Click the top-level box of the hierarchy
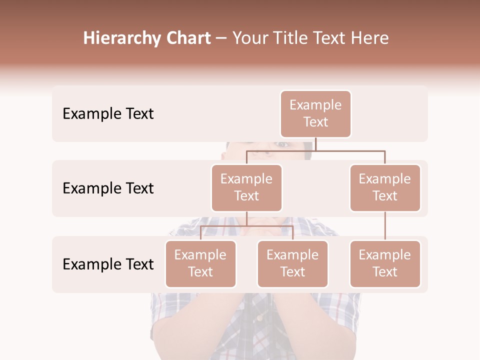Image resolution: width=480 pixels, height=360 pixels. (x=315, y=113)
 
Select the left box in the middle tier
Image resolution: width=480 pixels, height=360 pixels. (x=246, y=187)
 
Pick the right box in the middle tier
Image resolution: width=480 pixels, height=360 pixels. (x=385, y=187)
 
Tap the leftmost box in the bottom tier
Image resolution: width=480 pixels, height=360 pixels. (x=200, y=263)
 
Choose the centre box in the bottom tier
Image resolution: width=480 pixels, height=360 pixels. (x=292, y=263)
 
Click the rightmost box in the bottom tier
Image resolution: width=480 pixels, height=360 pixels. (x=385, y=263)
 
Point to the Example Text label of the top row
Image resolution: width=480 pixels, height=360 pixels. (x=108, y=114)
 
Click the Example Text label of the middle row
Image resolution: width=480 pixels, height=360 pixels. (x=108, y=188)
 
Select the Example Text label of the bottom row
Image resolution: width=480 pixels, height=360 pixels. (x=108, y=264)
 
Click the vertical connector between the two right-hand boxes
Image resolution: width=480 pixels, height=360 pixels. (x=385, y=226)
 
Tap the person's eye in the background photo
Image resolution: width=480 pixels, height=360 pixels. (x=283, y=145)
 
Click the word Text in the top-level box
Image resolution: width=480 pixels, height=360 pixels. (x=315, y=122)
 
